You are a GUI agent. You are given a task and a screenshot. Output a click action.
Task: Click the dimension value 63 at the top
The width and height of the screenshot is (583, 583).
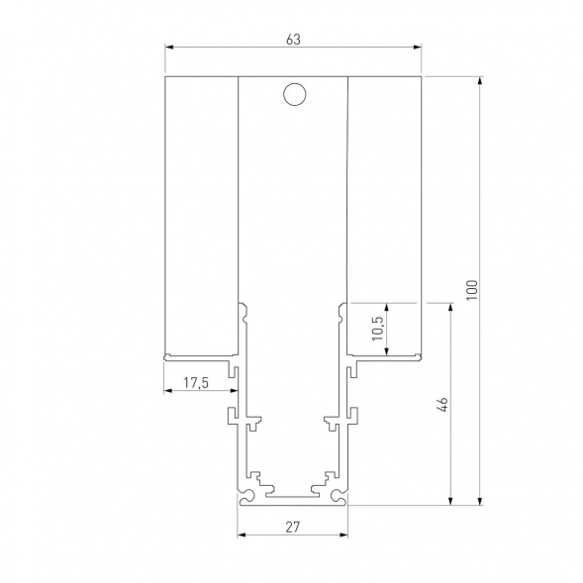(292, 39)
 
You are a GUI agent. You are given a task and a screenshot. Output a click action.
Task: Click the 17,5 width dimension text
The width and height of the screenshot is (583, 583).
(197, 382)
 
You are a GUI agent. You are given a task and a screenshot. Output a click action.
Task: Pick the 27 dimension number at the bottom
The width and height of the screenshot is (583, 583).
(293, 528)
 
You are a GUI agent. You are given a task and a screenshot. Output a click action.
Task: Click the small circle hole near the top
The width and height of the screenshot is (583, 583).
(293, 95)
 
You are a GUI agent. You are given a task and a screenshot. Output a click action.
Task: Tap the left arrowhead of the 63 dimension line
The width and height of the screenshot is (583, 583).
(168, 48)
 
